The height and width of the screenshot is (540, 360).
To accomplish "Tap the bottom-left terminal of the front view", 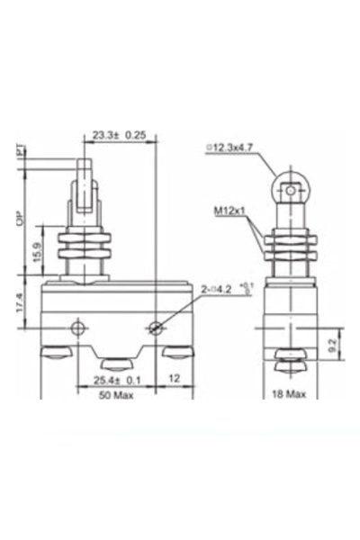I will click(55, 352).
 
